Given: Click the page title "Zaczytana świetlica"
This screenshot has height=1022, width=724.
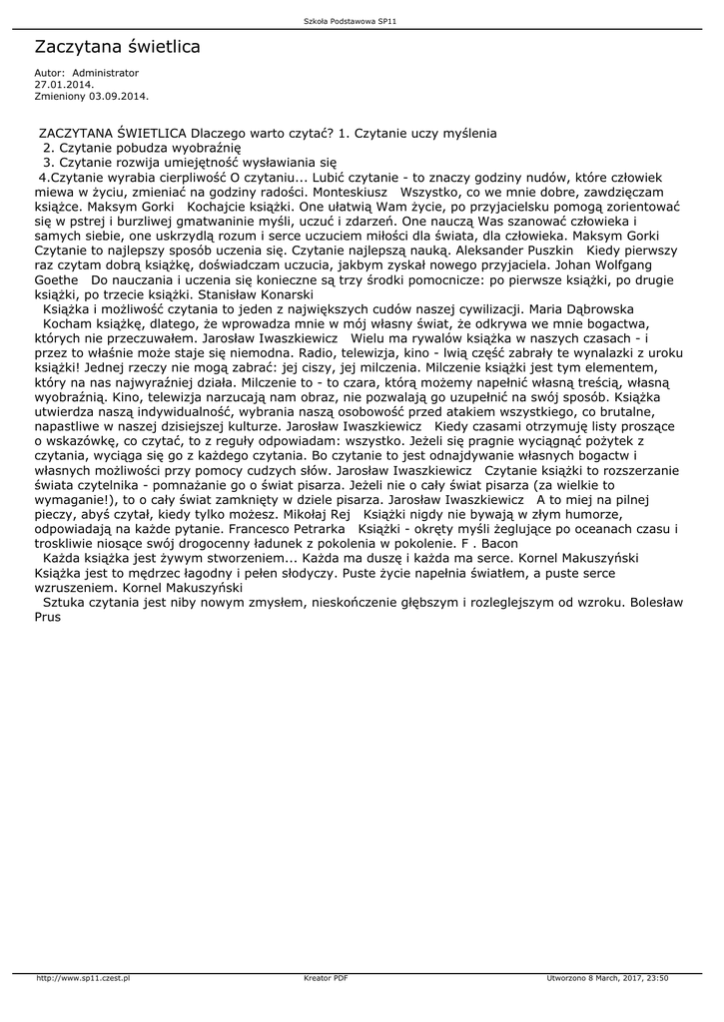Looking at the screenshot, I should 118,47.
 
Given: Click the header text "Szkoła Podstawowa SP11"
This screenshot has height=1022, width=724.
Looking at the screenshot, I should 362,21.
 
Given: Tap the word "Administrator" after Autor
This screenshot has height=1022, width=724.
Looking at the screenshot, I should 106,73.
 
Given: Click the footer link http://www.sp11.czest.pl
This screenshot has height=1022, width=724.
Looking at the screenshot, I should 85,978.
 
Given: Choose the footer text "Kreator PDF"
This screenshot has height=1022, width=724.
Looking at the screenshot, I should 326,978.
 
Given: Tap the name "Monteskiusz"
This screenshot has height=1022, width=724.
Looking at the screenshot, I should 354,191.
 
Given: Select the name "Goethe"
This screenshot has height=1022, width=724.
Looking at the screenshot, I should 57,281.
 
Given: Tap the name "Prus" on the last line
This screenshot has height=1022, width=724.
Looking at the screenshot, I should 47,617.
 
